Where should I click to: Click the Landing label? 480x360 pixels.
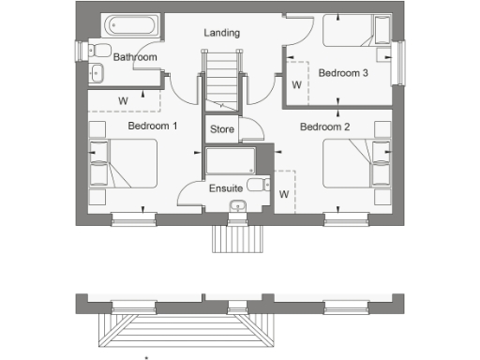click(221, 33)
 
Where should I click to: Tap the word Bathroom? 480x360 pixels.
click(135, 57)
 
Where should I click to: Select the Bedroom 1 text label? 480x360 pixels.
click(153, 125)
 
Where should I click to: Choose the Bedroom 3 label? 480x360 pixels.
click(342, 72)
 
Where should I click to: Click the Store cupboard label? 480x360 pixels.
click(222, 128)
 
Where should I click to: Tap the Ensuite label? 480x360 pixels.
click(226, 188)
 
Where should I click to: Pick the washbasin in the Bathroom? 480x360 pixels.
click(97, 72)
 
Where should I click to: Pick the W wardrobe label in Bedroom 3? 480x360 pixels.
click(296, 85)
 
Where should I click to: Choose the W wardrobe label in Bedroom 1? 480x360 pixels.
click(123, 98)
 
